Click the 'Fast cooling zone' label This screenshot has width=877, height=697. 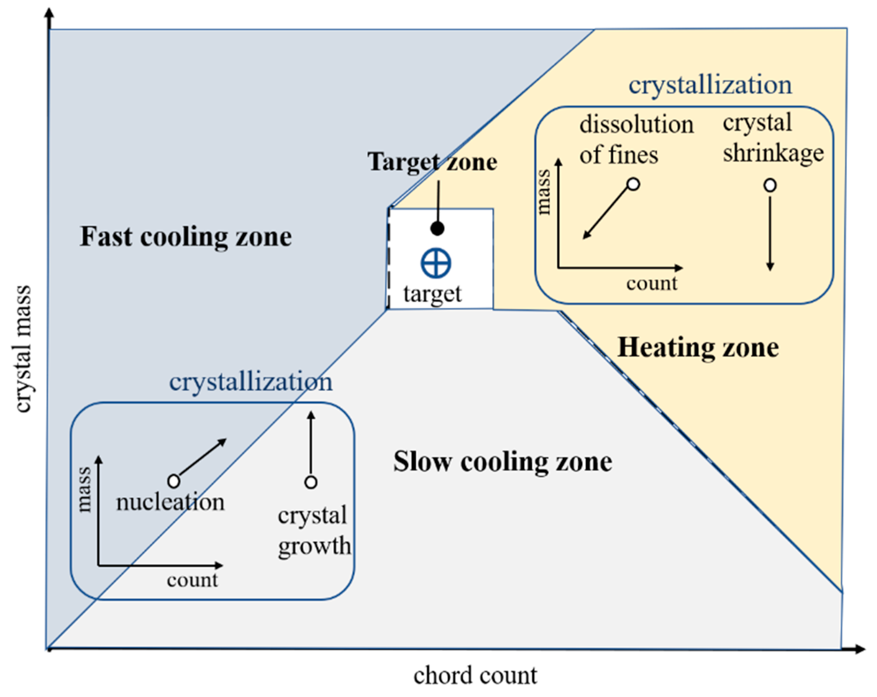click(x=185, y=237)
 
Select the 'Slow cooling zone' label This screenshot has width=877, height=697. click(x=502, y=462)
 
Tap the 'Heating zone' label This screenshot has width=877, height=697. click(x=698, y=347)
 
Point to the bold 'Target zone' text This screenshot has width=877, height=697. click(x=432, y=162)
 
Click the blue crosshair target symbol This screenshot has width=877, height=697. click(x=436, y=263)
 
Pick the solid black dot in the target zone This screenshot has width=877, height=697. click(x=437, y=229)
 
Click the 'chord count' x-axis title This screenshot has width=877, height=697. click(x=475, y=676)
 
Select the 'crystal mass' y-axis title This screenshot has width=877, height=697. click(x=23, y=349)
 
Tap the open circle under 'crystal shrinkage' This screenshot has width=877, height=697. click(x=770, y=185)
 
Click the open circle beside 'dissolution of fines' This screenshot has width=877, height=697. click(x=633, y=184)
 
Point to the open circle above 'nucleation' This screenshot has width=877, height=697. click(x=174, y=481)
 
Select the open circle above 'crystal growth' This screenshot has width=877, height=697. click(x=311, y=482)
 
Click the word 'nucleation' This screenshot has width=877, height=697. click(x=170, y=502)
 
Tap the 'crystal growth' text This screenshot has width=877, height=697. click(x=313, y=530)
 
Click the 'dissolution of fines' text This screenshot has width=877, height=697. click(x=636, y=139)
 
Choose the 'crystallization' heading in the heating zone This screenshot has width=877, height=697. click(x=710, y=85)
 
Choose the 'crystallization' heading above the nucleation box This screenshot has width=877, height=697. click(x=250, y=382)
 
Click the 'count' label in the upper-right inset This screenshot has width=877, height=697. click(x=652, y=283)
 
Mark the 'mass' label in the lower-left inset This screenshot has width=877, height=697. click(x=84, y=489)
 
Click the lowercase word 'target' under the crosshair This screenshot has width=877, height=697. click(x=432, y=294)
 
